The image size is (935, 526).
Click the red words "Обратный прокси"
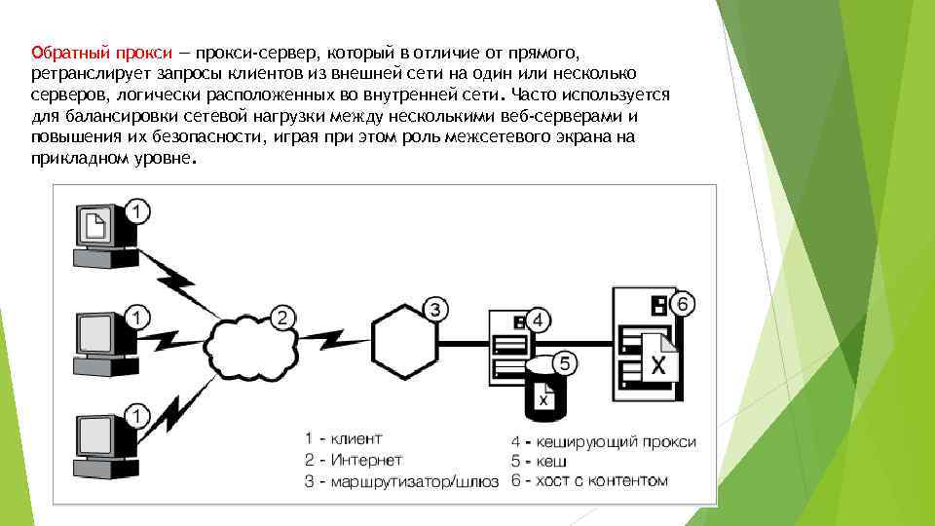(x=102, y=52)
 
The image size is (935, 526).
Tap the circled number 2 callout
(x=282, y=317)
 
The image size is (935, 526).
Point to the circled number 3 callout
(x=437, y=310)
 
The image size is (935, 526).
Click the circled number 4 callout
(x=540, y=319)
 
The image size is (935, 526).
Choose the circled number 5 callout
(x=566, y=362)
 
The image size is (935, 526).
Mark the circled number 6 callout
(x=682, y=304)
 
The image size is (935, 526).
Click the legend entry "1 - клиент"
(x=344, y=438)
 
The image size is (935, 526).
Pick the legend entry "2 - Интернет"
(x=353, y=460)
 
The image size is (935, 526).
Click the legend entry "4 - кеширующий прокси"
(x=603, y=441)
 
